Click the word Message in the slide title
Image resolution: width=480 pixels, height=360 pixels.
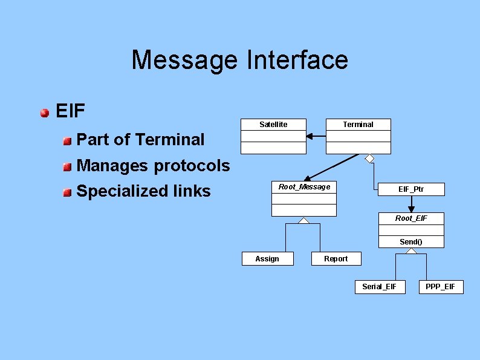click(186, 60)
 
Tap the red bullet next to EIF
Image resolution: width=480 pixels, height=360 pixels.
click(45, 113)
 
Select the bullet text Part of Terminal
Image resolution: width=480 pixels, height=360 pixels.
click(141, 140)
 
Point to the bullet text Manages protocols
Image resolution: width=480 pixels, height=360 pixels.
click(154, 166)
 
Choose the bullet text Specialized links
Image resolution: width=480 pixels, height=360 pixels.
click(144, 191)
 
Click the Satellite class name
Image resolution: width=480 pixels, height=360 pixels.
click(273, 125)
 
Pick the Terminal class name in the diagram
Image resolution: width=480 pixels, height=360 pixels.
click(358, 125)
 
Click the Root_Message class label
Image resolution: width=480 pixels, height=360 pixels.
click(304, 187)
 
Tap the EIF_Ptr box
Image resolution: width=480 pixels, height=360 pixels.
click(411, 189)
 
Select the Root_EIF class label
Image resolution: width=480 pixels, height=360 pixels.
click(411, 218)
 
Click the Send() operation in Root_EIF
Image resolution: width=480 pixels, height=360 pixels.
click(411, 242)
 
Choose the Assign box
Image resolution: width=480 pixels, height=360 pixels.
click(267, 259)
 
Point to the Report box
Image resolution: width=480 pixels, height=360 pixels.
click(336, 259)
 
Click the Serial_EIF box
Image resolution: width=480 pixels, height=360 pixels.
click(379, 287)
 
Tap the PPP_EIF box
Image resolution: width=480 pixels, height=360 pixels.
click(440, 287)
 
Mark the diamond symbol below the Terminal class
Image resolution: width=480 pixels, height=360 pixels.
click(369, 159)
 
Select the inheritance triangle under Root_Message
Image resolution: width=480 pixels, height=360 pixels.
click(304, 220)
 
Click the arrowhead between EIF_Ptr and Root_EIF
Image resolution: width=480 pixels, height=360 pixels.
click(411, 209)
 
